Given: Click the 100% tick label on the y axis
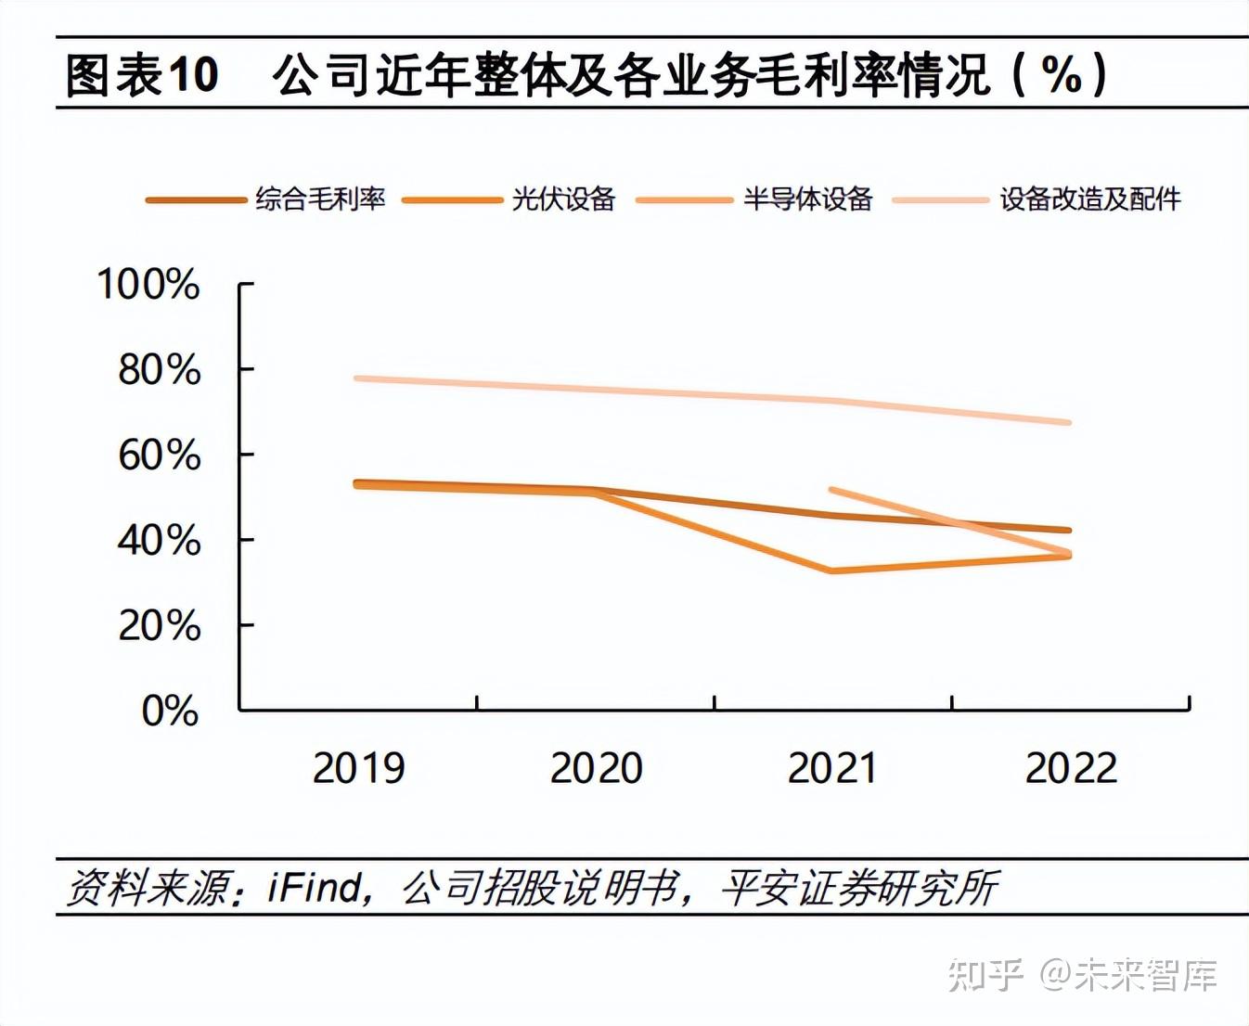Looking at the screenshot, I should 148,284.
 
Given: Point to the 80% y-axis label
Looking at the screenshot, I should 159,370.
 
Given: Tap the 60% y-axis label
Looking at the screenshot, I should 159,455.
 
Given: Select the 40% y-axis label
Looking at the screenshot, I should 159,541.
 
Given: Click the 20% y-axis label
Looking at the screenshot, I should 159,626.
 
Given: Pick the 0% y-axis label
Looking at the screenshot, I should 170,712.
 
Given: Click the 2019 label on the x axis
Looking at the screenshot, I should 358,768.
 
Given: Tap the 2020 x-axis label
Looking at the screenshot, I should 596,768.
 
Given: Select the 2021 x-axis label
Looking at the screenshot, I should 832,768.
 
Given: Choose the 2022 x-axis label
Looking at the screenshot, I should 1071,768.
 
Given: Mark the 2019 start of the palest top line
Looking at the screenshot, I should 358,378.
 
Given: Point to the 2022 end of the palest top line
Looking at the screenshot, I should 1069,422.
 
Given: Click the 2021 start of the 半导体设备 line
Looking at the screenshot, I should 832,490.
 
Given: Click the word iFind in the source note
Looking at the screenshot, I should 315,888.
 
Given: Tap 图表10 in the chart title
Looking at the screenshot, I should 142,74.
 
